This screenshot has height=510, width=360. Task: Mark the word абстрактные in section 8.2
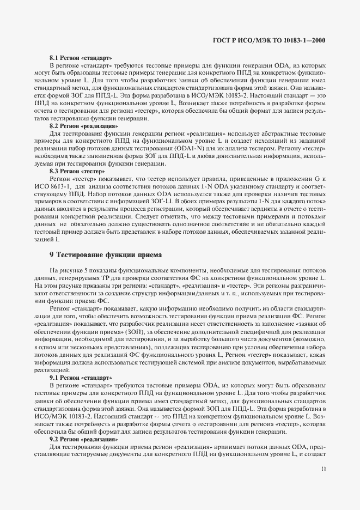coord(267,133)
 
